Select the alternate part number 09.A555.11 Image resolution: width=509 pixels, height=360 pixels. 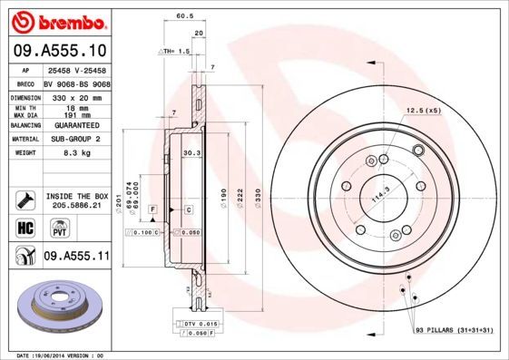point(76,258)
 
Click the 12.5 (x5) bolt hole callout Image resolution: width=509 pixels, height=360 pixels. point(422,110)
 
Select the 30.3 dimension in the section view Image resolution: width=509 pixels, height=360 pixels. point(192,153)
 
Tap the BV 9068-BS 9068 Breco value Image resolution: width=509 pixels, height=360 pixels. point(76,83)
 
